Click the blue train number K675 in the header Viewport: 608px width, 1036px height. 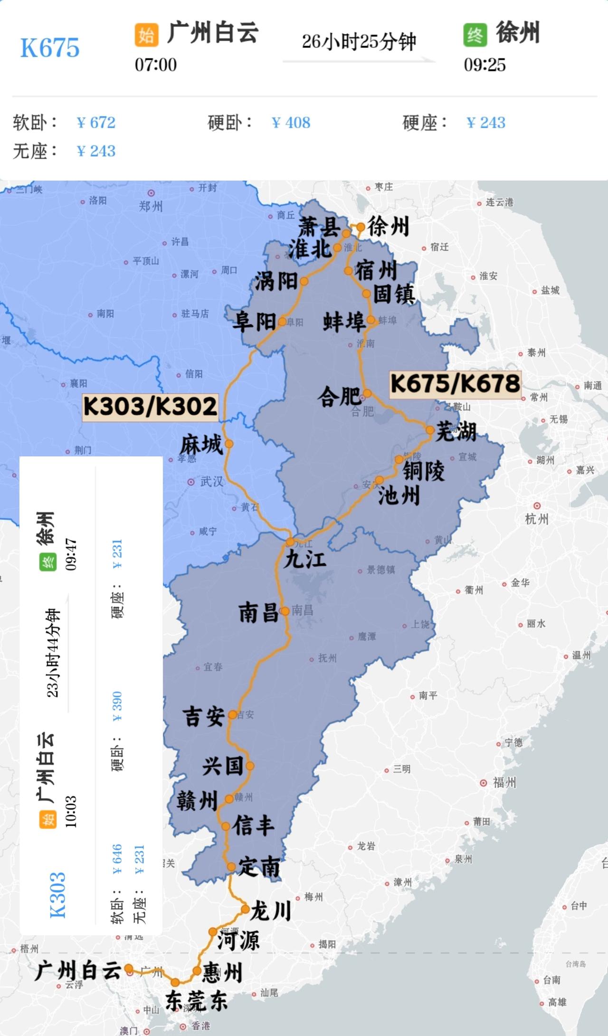click(x=50, y=48)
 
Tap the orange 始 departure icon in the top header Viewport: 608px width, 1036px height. click(x=146, y=35)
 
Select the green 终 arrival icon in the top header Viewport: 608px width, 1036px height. click(x=475, y=35)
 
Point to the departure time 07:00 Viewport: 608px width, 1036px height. click(x=156, y=65)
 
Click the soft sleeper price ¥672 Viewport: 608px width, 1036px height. click(x=96, y=123)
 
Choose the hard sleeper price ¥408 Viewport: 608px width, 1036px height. click(x=291, y=123)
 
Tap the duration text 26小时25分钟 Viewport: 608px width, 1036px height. click(x=359, y=42)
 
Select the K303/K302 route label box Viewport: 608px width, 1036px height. click(x=150, y=407)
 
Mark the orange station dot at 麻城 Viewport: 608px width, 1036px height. click(x=229, y=444)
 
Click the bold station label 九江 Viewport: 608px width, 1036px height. click(x=305, y=559)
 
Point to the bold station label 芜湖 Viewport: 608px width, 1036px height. click(x=456, y=431)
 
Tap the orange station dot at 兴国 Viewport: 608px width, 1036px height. click(x=250, y=766)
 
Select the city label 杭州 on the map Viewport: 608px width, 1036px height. click(x=537, y=519)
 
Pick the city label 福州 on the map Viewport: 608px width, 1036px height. click(x=504, y=782)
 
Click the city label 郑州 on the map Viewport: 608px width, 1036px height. click(x=151, y=206)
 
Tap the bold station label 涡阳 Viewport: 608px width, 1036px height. click(x=276, y=282)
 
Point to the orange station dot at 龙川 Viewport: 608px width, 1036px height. click(x=245, y=909)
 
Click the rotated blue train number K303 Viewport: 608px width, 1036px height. click(x=58, y=895)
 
